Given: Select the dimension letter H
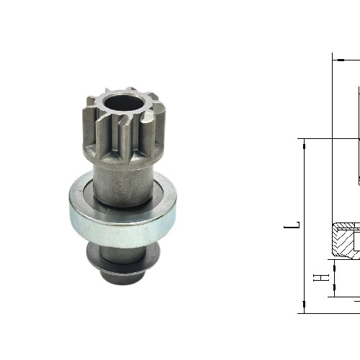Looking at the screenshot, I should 324,276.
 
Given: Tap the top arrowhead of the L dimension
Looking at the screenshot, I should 304,143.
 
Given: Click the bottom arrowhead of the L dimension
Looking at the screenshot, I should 304,308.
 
